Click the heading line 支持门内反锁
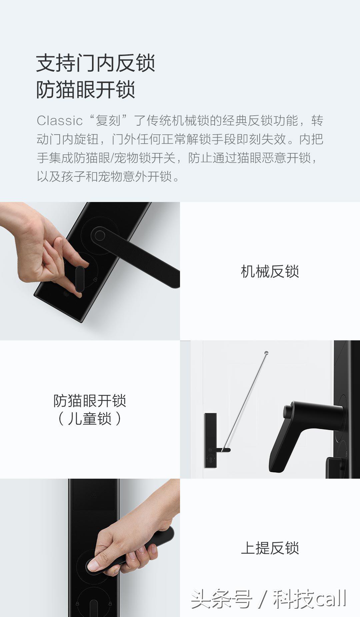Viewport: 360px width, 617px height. tap(95, 63)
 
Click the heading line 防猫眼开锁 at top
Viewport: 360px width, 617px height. tap(85, 90)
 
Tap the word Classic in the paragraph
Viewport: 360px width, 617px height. tap(59, 121)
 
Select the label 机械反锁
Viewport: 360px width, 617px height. tap(270, 271)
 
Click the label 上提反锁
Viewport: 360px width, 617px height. tap(270, 548)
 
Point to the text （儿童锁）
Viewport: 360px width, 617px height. tap(89, 419)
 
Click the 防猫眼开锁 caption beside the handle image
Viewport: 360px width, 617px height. tap(89, 401)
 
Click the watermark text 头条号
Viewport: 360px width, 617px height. tap(221, 599)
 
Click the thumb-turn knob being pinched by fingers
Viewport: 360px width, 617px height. tap(80, 279)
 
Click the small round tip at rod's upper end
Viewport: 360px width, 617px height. tap(266, 352)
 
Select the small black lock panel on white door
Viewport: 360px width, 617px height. tap(210, 440)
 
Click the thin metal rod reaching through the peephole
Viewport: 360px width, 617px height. tap(245, 400)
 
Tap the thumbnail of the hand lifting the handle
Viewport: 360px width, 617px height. tap(90, 548)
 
